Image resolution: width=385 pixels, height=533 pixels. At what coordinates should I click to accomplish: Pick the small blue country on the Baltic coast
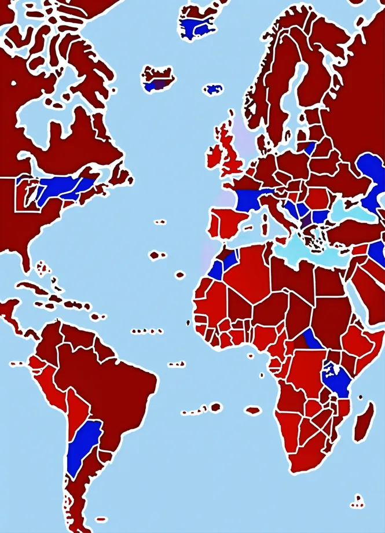[310, 149]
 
